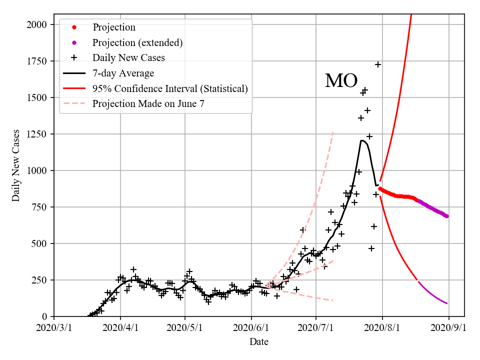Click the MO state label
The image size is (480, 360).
coord(341,81)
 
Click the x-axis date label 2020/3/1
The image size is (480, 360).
coord(54,328)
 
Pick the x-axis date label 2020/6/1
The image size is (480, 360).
coord(251,328)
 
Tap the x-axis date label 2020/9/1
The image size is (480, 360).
coord(448,328)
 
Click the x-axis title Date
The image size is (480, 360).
coord(259,342)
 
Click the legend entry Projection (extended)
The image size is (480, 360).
coord(137,42)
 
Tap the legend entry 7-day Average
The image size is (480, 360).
coord(123,73)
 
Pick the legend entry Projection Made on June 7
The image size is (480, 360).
coord(148,104)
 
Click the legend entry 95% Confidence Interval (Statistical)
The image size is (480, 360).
coord(170,89)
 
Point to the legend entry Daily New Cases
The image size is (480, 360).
coord(128,58)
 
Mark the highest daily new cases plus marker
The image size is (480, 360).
coord(378,64)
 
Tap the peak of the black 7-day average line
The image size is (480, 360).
coord(361,140)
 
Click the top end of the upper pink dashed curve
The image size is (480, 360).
coord(333,132)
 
